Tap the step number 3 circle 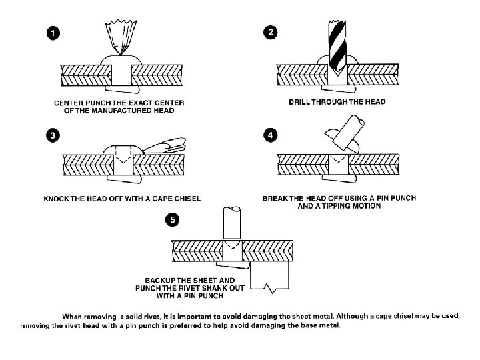tap(51, 135)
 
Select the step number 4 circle tap(269, 135)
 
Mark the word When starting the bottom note tap(73, 315)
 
